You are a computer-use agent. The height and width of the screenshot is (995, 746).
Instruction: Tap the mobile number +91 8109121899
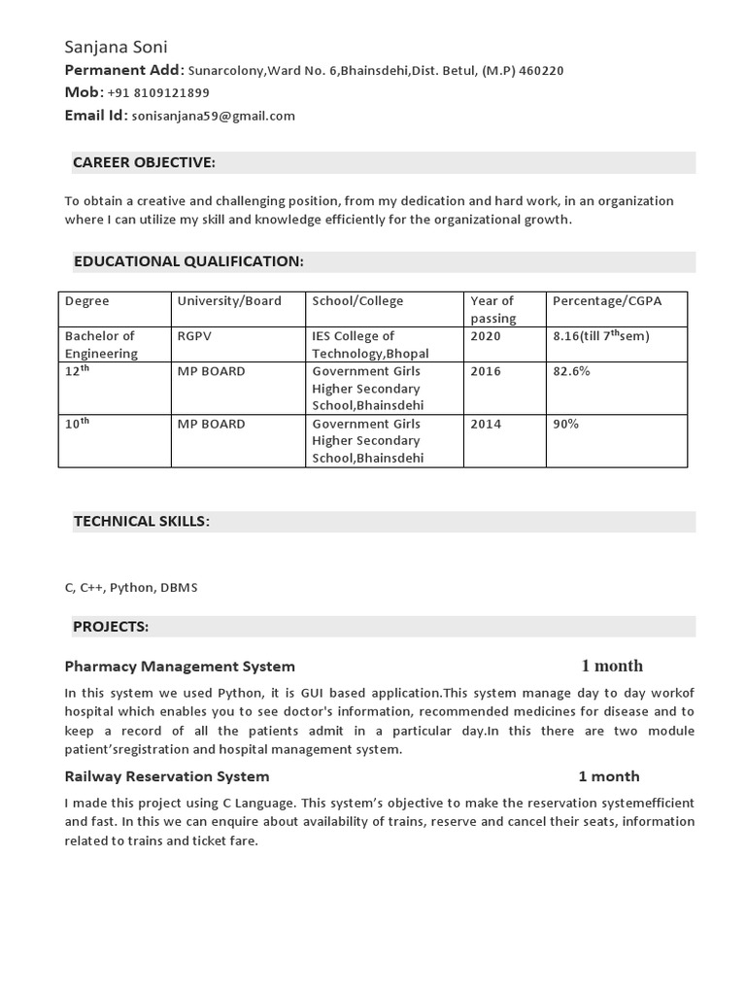(157, 93)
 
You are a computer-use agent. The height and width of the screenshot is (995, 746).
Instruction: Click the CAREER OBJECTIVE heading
(144, 162)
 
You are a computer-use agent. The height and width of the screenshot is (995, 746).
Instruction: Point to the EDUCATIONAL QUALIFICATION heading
(188, 261)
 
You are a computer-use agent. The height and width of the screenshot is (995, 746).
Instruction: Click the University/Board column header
(229, 301)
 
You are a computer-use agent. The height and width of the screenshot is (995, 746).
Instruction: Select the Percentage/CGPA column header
(607, 301)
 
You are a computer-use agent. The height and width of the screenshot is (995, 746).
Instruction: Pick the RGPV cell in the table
(194, 336)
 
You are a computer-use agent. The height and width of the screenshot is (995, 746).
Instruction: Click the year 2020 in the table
(486, 336)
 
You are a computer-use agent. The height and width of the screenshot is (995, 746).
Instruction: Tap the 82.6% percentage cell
(571, 371)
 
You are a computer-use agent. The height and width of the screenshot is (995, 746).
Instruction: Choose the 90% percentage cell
(566, 424)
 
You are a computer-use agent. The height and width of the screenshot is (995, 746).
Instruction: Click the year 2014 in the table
(486, 424)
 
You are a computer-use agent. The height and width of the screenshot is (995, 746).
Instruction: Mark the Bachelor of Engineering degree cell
(101, 345)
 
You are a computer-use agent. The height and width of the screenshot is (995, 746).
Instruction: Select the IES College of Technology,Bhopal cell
(370, 345)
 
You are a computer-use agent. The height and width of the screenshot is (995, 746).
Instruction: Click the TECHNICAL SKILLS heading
(142, 522)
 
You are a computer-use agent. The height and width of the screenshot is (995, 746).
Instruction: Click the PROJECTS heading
(111, 627)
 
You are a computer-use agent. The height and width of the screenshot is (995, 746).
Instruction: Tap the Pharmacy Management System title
(180, 667)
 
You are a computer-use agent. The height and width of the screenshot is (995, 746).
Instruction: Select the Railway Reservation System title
(167, 776)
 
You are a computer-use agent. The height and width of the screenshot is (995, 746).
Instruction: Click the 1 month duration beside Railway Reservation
(609, 776)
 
